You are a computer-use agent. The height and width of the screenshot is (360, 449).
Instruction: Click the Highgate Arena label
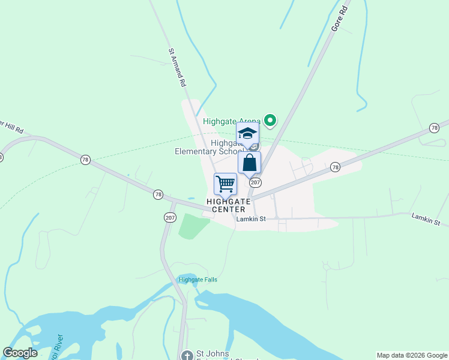click(x=231, y=121)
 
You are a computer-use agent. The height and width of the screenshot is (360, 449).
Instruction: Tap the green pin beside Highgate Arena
click(x=270, y=121)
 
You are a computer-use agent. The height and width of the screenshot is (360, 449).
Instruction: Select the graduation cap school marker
click(x=247, y=134)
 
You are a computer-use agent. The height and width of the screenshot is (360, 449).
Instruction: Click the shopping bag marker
click(x=249, y=163)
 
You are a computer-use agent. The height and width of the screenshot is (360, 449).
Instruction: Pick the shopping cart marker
click(x=225, y=184)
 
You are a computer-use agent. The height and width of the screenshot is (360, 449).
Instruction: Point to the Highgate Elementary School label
click(x=207, y=148)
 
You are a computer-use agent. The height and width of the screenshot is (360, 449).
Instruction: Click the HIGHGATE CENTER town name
click(x=226, y=205)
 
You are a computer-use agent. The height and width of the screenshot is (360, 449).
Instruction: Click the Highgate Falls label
click(x=197, y=280)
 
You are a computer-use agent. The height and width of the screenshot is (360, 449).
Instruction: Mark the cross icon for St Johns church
click(x=187, y=355)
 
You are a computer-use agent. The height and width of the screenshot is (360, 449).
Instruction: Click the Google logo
click(x=20, y=353)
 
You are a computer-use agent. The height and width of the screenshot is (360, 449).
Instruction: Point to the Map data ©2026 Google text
click(x=412, y=355)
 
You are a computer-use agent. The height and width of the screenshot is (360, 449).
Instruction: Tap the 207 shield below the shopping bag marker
click(x=255, y=182)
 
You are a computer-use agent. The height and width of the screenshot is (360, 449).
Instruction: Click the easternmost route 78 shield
click(x=434, y=128)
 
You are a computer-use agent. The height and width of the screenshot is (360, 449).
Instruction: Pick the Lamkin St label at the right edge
click(x=426, y=218)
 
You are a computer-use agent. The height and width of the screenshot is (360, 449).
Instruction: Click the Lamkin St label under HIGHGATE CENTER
click(x=251, y=219)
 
